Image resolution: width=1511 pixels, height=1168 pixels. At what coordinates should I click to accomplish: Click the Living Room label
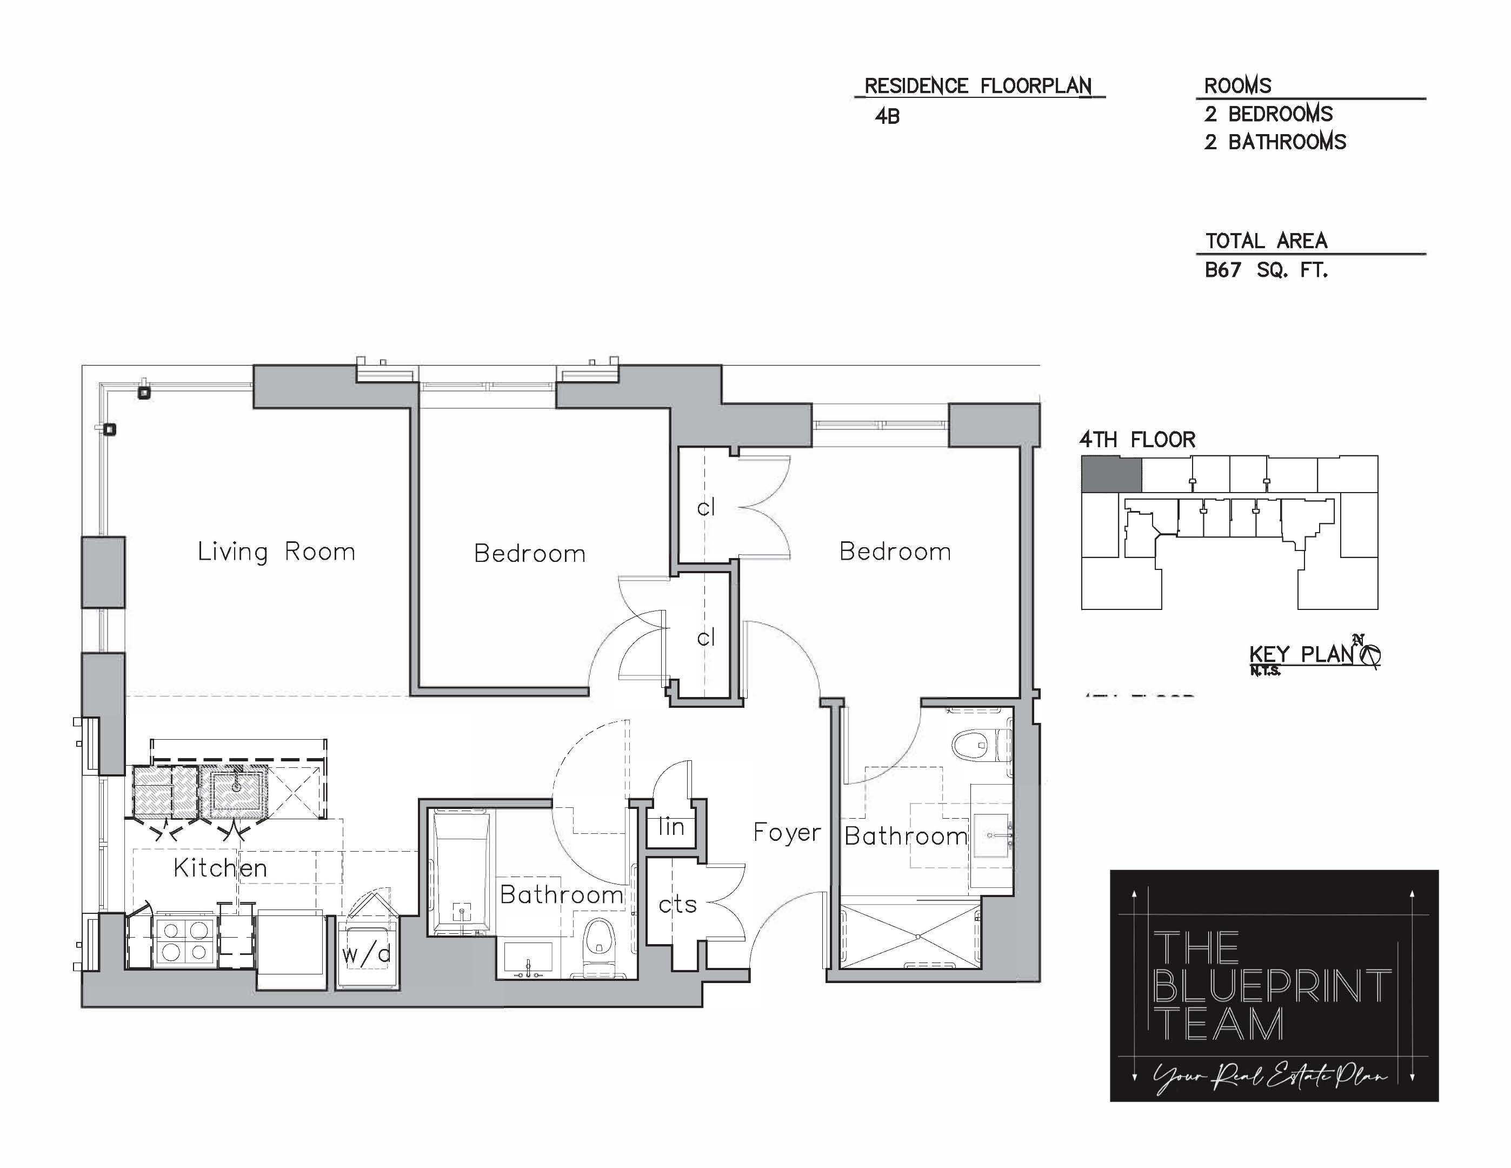pyautogui.click(x=276, y=552)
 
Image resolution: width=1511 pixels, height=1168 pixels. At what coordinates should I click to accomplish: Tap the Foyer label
pyautogui.click(x=787, y=832)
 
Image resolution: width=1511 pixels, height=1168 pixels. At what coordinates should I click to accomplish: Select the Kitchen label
pyautogui.click(x=220, y=868)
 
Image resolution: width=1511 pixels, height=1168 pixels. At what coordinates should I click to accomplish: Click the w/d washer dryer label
pyautogui.click(x=367, y=954)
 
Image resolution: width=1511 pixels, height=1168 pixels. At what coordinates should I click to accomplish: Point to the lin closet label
pyautogui.click(x=671, y=826)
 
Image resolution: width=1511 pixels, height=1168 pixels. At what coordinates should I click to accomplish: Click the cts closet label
pyautogui.click(x=677, y=904)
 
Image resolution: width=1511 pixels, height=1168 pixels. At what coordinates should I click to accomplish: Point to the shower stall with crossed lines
pyautogui.click(x=910, y=935)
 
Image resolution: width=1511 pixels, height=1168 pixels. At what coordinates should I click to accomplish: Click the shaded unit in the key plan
pyautogui.click(x=1111, y=474)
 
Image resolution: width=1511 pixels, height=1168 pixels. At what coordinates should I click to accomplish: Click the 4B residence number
pyautogui.click(x=887, y=116)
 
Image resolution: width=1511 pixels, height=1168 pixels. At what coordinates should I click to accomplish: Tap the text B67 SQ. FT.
pyautogui.click(x=1266, y=270)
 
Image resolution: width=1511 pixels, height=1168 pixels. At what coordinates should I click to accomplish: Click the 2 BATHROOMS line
pyautogui.click(x=1275, y=142)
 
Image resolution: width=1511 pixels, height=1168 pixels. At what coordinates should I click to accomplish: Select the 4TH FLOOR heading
pyautogui.click(x=1137, y=440)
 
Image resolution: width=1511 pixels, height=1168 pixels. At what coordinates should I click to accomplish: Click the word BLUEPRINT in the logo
pyautogui.click(x=1272, y=986)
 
